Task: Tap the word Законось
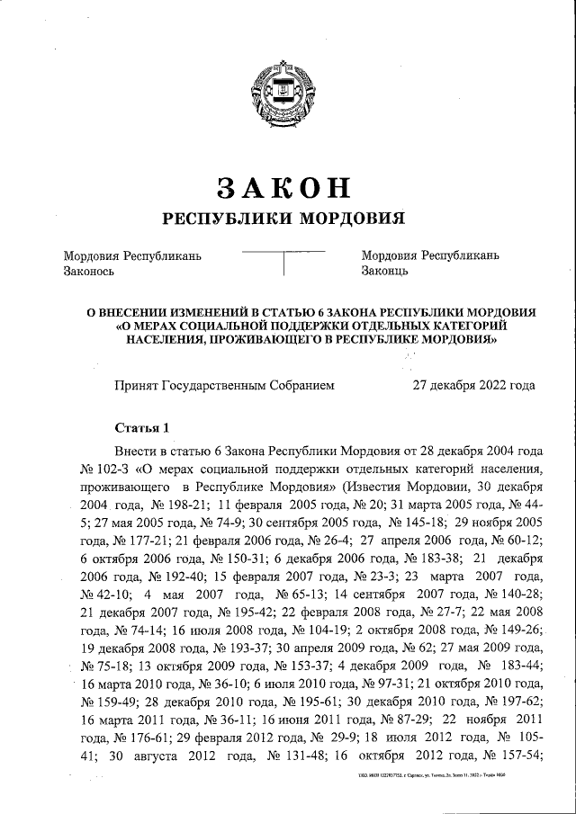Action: [87, 270]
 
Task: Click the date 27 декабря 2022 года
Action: [473, 385]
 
